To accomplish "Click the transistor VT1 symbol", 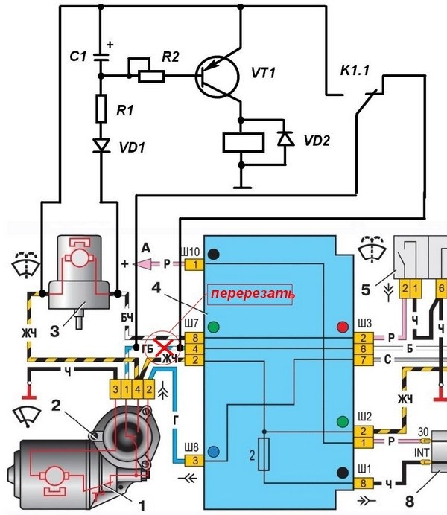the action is [217, 76].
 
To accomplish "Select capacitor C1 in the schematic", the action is [101, 57].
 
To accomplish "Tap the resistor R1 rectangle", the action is [101, 109].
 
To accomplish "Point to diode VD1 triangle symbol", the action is [101, 145].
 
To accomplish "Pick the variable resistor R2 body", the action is [151, 76].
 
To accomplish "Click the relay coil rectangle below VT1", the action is [243, 143].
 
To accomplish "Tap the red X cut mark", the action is [165, 348].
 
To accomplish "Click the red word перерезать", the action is [253, 294].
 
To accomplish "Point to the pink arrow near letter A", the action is [145, 263].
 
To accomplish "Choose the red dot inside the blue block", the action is [343, 327].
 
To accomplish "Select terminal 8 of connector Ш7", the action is [195, 338].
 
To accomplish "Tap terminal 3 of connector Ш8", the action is [195, 461].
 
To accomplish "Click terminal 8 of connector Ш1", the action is [364, 483].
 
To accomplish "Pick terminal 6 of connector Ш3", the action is [364, 349].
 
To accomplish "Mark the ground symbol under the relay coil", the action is [242, 188].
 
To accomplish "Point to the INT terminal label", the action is [422, 453].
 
